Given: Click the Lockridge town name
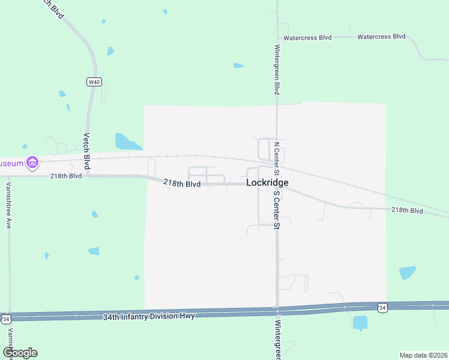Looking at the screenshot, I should [267, 182].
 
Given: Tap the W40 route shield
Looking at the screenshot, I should [93, 82].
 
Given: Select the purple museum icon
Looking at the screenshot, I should [32, 163].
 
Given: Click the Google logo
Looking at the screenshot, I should [20, 353].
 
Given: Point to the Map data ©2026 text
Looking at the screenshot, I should [423, 355].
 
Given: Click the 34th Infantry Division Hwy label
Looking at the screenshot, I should [149, 316].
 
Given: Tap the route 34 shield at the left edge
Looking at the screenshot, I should [5, 319].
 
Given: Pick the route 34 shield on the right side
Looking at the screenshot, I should [382, 308].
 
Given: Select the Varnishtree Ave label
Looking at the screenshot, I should [9, 206].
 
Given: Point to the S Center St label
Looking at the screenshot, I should [277, 210].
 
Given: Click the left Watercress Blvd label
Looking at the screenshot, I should [307, 37].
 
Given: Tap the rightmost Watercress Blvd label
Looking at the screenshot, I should [381, 37].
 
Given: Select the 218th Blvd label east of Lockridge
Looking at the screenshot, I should [407, 211].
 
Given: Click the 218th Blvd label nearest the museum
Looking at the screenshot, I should [66, 176].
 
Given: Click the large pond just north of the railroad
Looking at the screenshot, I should [127, 142].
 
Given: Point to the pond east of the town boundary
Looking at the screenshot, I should [408, 273].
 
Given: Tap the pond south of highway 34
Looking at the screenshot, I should [360, 323].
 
